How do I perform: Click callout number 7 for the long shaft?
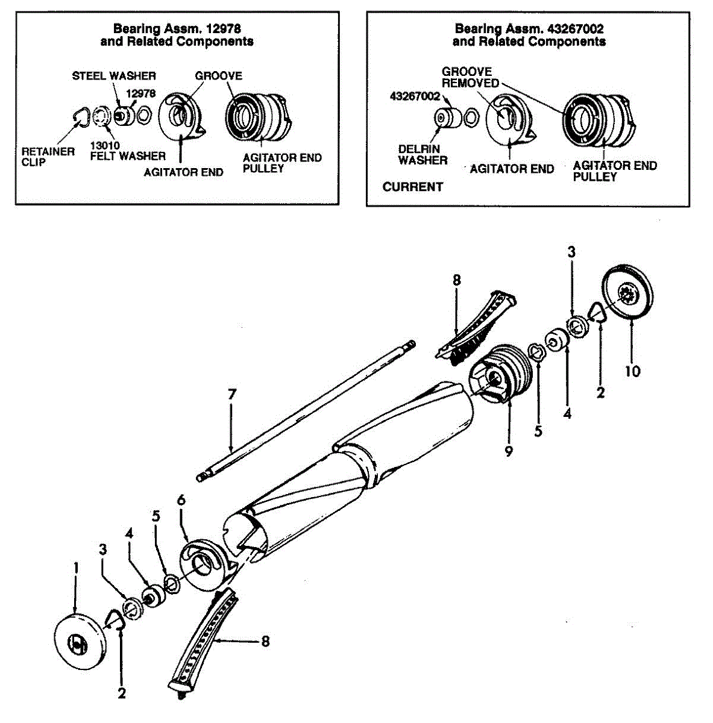pos(232,395)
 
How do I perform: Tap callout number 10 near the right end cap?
pos(632,371)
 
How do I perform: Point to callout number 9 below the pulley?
pos(509,451)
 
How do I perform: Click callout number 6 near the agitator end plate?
pos(181,500)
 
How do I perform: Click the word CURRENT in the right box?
pos(412,187)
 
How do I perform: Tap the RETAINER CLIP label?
pos(48,157)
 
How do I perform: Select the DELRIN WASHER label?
pos(422,155)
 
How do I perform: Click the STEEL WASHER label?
pos(114,76)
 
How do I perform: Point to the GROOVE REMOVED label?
pos(471,77)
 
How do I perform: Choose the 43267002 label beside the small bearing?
pos(415,96)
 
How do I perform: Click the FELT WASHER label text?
pos(128,156)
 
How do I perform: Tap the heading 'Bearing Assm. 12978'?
pos(177,28)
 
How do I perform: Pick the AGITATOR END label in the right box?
pos(512,169)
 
